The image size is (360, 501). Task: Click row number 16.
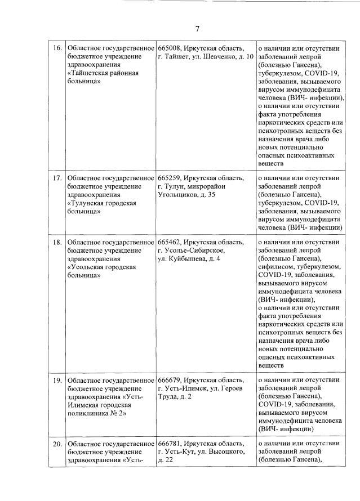coord(57,48)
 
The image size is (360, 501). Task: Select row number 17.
coord(57,178)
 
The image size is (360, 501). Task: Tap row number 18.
coord(57,242)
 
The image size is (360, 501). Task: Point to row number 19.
coord(57,381)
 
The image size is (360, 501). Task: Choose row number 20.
coord(57,444)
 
